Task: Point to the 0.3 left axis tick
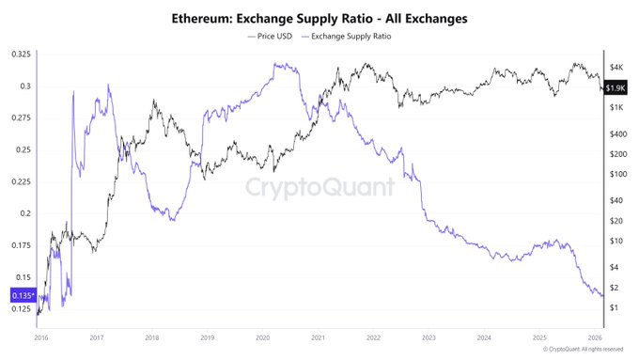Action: (x=24, y=86)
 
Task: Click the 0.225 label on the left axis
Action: (x=19, y=181)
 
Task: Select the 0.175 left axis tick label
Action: (x=19, y=245)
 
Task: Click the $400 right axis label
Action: (x=617, y=133)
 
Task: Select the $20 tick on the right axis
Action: (x=616, y=221)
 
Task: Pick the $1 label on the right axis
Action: (x=613, y=308)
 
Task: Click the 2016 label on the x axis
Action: (x=41, y=337)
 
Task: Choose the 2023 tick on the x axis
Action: (x=428, y=337)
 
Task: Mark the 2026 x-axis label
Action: (x=594, y=337)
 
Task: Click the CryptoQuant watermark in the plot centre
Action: (x=319, y=187)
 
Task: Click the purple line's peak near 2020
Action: (x=274, y=64)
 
